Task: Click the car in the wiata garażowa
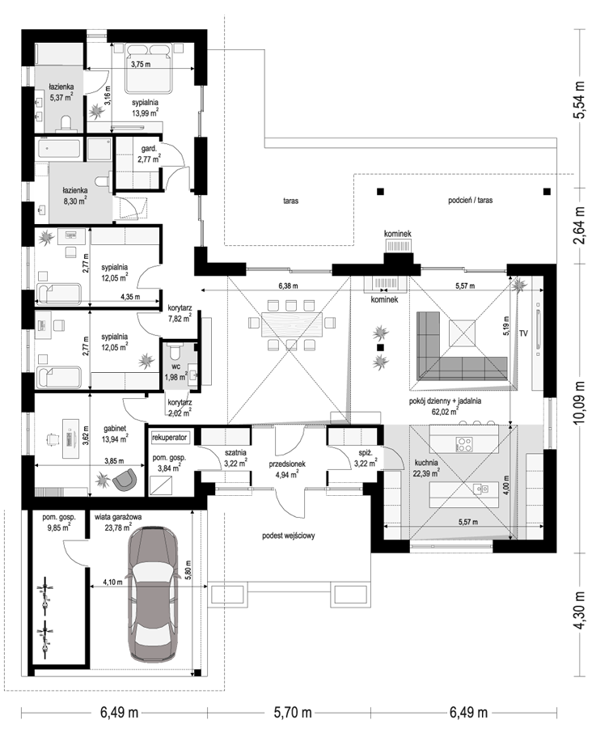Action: click(151, 594)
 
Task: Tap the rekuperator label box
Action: click(169, 437)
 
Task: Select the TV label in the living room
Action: click(523, 333)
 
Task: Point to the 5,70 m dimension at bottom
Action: click(292, 713)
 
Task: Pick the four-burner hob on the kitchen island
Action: click(464, 443)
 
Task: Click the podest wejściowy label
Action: click(289, 536)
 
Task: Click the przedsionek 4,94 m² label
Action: click(287, 469)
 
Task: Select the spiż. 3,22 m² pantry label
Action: click(366, 459)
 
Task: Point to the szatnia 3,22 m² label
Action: click(235, 458)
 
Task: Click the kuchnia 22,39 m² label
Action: click(426, 468)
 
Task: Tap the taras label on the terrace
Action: click(291, 201)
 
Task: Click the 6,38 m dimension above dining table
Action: click(288, 286)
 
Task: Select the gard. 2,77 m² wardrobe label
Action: click(149, 155)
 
